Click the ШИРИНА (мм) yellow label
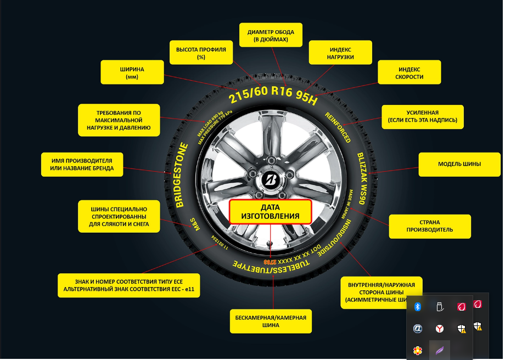tap(132, 72)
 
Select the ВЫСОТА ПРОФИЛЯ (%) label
tap(201, 53)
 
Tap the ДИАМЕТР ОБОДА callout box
tap(271, 36)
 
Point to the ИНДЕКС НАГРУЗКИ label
tap(340, 53)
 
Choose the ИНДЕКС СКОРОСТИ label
tap(409, 73)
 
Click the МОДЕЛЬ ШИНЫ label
tap(459, 164)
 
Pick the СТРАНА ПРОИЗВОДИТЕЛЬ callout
tap(430, 226)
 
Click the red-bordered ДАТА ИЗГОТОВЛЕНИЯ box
tap(271, 212)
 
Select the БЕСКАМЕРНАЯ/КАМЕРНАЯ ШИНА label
tap(271, 321)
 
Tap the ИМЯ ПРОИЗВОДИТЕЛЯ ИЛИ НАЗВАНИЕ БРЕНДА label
tap(81, 164)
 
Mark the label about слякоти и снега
tap(119, 216)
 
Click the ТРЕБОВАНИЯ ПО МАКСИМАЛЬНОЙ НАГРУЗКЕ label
tap(119, 120)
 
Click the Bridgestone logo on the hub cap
tap(271, 179)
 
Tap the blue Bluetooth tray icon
tap(417, 306)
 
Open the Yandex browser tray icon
tap(439, 328)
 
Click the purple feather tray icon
tap(439, 350)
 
